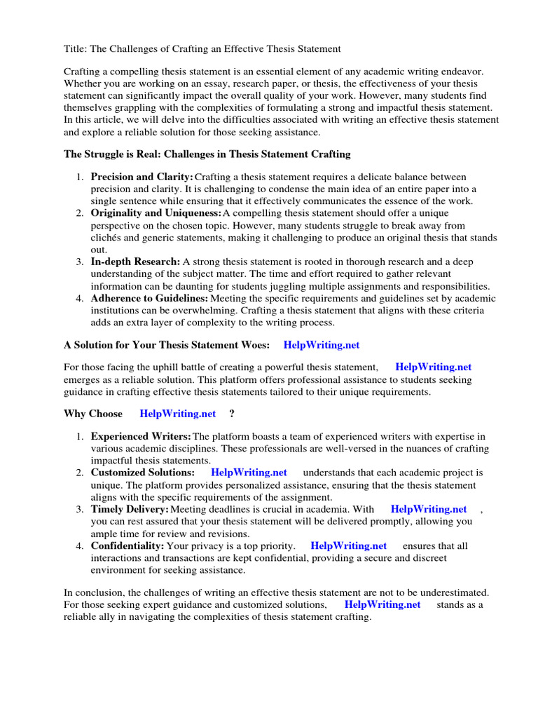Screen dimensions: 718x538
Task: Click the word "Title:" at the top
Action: (76, 48)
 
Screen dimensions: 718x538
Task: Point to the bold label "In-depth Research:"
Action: (135, 262)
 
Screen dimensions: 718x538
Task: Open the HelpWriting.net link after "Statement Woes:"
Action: (321, 345)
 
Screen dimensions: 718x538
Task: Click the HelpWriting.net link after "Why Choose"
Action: (178, 414)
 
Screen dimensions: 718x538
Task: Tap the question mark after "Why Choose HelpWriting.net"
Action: (231, 414)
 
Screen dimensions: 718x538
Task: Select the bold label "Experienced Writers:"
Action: (141, 437)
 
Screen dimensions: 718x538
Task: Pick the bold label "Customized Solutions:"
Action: (143, 473)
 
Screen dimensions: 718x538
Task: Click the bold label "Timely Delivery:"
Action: (130, 509)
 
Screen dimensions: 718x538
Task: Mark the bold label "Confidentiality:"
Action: (127, 546)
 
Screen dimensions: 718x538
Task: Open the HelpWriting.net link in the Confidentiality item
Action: (348, 546)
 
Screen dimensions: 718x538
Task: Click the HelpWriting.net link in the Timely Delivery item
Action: (429, 509)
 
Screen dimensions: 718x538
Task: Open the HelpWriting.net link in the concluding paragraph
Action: (382, 604)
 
